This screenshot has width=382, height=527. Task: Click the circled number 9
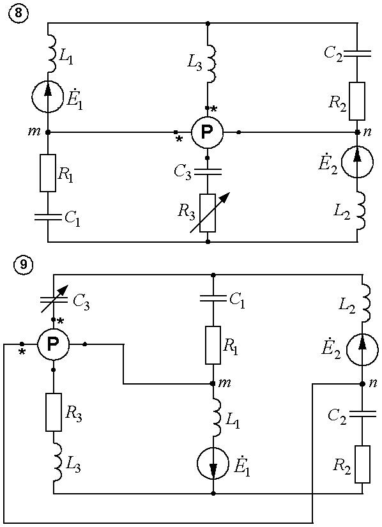(23, 265)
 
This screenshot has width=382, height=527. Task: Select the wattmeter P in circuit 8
(208, 132)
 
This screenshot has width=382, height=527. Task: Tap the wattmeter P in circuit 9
(53, 344)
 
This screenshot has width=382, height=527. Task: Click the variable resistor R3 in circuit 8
(208, 213)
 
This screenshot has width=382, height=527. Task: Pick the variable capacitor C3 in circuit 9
(54, 298)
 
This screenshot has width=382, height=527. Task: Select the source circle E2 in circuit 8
(357, 162)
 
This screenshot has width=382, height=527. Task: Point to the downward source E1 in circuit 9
(213, 463)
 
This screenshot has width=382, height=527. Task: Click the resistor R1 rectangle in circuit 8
(48, 173)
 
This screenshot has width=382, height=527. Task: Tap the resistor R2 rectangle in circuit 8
(357, 101)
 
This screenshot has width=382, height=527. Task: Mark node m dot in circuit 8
(48, 132)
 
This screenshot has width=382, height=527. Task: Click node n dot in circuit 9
(362, 384)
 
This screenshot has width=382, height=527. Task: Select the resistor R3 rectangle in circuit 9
(54, 412)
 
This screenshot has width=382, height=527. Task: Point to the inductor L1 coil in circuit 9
(216, 416)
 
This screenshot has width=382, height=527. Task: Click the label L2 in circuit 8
(342, 211)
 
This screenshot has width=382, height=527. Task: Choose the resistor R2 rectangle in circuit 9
(362, 464)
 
